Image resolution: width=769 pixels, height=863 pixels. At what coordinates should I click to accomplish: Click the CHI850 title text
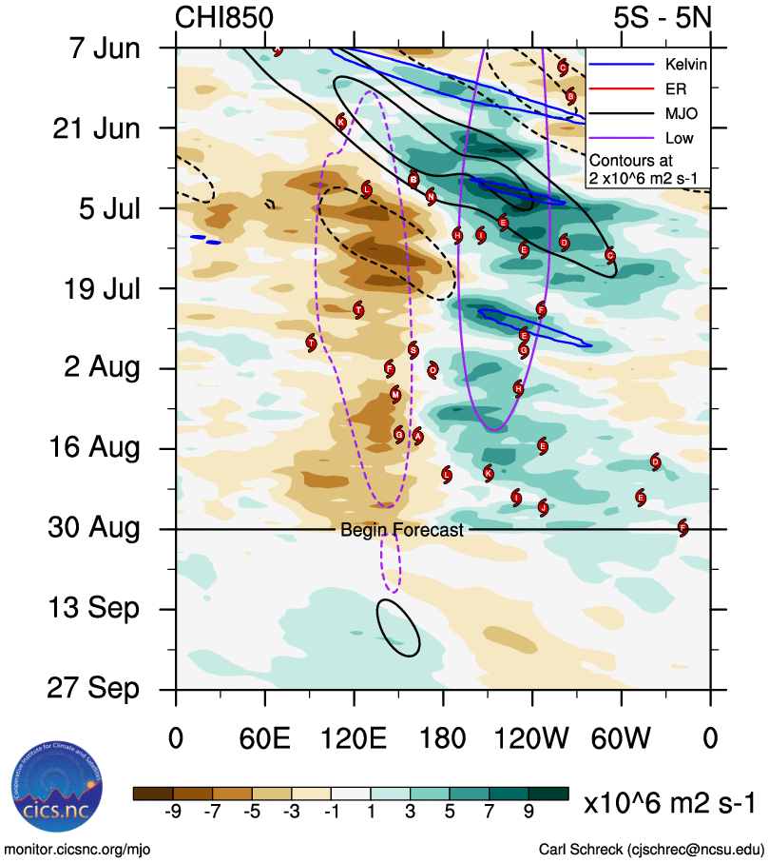pyautogui.click(x=224, y=18)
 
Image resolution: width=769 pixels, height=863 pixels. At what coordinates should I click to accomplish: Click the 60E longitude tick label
pyautogui.click(x=264, y=739)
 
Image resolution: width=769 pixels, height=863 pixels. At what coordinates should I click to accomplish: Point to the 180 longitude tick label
pyautogui.click(x=443, y=739)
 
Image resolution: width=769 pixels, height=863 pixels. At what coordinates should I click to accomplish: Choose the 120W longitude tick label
pyautogui.click(x=532, y=739)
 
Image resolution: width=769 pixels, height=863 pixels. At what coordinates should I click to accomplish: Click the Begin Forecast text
pyautogui.click(x=402, y=530)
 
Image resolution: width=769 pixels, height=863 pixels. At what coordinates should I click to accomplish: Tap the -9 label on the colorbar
pyautogui.click(x=172, y=812)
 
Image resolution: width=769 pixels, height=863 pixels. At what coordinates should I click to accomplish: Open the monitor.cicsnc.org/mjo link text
pyautogui.click(x=78, y=850)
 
